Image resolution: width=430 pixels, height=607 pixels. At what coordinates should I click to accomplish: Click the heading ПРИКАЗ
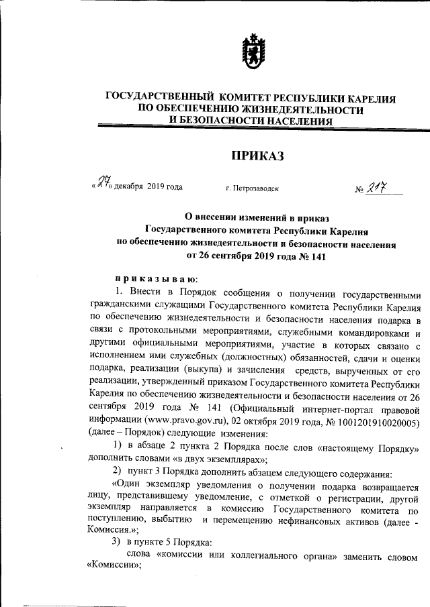[258, 156]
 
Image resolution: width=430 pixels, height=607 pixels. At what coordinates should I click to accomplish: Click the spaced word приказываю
[155, 278]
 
